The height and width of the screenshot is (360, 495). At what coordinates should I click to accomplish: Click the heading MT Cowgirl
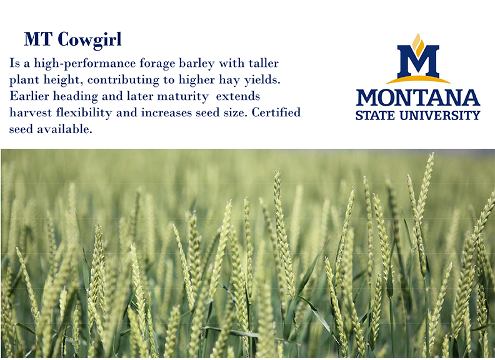(x=72, y=39)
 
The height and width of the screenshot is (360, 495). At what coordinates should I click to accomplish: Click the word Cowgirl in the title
(x=89, y=39)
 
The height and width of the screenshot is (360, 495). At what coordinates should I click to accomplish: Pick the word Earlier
(x=29, y=97)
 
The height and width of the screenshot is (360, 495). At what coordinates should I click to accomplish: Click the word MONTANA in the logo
(x=417, y=98)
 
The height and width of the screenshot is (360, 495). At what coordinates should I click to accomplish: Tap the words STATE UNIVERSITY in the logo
(x=417, y=115)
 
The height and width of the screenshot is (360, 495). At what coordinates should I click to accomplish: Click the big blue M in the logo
(x=417, y=61)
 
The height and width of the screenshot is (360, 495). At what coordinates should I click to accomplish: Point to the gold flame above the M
(x=418, y=42)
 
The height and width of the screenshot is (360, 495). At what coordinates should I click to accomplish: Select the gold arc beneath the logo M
(x=417, y=79)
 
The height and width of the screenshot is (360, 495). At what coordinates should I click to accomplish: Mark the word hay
(x=218, y=81)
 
